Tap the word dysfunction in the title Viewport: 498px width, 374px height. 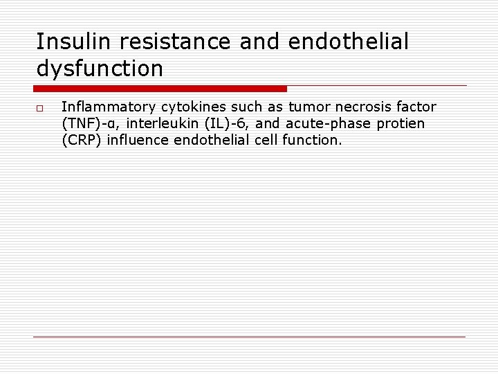click(100, 69)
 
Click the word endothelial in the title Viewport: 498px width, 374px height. click(348, 42)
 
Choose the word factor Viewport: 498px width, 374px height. click(416, 107)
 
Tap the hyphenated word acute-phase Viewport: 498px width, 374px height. click(335, 123)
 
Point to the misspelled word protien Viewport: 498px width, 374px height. click(403, 123)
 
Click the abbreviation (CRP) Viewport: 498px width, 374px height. click(82, 140)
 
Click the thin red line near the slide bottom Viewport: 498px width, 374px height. click(249, 337)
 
